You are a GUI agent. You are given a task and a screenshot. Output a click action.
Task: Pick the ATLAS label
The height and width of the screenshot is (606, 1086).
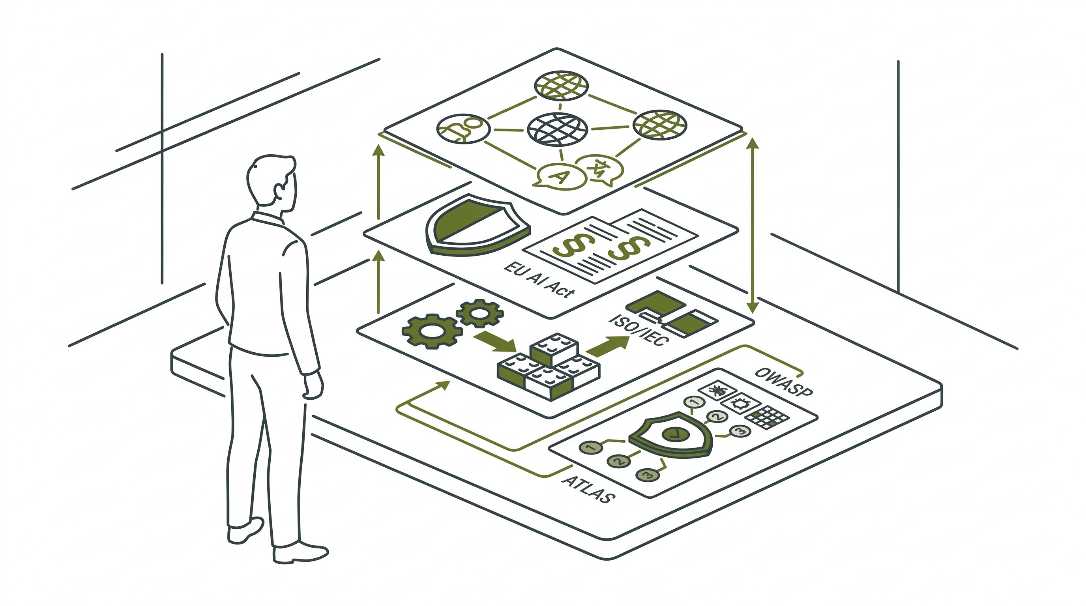point(588,489)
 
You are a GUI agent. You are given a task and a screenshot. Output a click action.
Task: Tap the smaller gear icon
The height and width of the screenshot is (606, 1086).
point(479,313)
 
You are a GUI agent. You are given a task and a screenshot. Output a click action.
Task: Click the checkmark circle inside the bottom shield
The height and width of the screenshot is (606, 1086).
point(672,433)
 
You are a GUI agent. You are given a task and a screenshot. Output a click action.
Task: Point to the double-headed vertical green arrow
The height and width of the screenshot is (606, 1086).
point(753,225)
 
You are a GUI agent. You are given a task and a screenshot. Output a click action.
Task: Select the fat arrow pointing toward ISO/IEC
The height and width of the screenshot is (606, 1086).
point(607,346)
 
